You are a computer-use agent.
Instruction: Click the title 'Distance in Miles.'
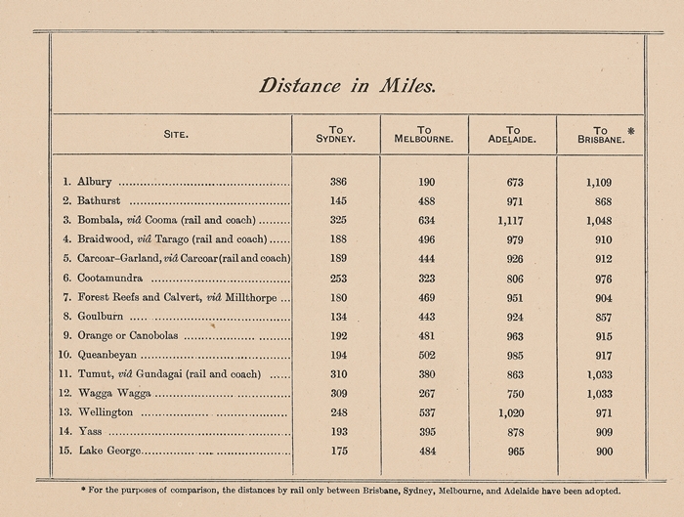click(347, 86)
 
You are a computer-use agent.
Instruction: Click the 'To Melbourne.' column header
click(423, 135)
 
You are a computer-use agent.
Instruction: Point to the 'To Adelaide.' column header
click(513, 135)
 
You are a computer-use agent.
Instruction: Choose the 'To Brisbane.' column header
click(599, 135)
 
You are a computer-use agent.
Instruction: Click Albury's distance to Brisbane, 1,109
click(599, 182)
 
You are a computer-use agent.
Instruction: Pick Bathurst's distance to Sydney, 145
click(338, 201)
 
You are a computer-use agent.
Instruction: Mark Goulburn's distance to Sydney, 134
click(338, 317)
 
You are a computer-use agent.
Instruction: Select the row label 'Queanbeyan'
click(107, 356)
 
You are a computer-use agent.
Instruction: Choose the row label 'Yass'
click(89, 432)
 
